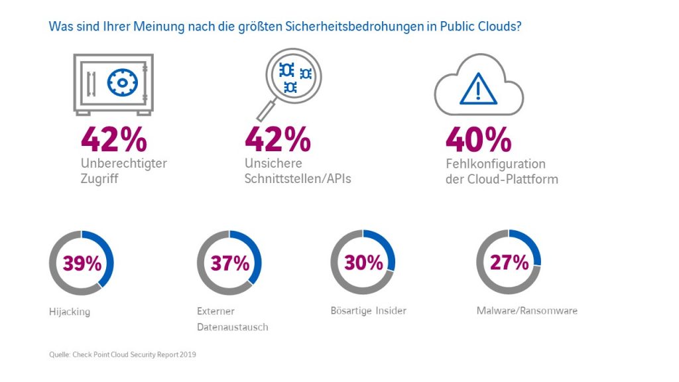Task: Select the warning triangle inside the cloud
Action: click(x=479, y=88)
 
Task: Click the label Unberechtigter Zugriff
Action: click(x=123, y=171)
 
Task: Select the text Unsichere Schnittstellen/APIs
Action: click(x=297, y=171)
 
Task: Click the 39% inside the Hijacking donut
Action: click(x=82, y=263)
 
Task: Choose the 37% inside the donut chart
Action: click(x=229, y=263)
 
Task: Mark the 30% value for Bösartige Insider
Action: click(x=363, y=263)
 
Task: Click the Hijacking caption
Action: click(x=69, y=312)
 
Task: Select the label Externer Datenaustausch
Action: click(x=232, y=319)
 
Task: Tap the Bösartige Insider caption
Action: click(x=368, y=311)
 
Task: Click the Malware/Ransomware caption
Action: click(x=526, y=310)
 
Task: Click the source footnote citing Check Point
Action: click(x=123, y=355)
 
